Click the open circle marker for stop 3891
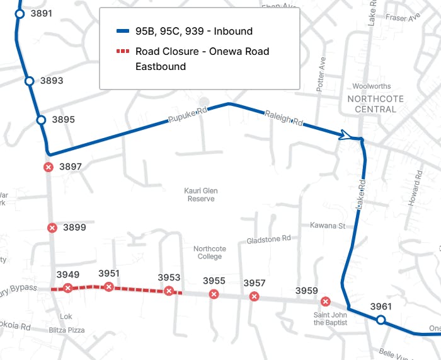point(20,13)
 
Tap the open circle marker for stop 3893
point(29,81)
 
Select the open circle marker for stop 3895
point(41,120)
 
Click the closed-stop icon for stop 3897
point(48,167)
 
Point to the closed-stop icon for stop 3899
point(52,228)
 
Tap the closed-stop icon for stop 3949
point(67,288)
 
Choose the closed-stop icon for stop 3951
point(109,287)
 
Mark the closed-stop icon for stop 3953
point(169,291)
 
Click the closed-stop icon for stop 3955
point(214,294)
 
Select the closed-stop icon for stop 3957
point(254,296)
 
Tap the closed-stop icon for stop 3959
point(325,301)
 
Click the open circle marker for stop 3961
point(381,320)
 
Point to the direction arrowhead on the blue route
point(345,135)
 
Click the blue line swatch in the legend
point(123,32)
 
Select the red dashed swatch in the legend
point(123,51)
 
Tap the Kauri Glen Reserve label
point(201,194)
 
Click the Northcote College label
point(209,252)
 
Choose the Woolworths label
point(372,86)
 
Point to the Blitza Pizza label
point(67,330)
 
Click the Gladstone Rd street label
point(268,240)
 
